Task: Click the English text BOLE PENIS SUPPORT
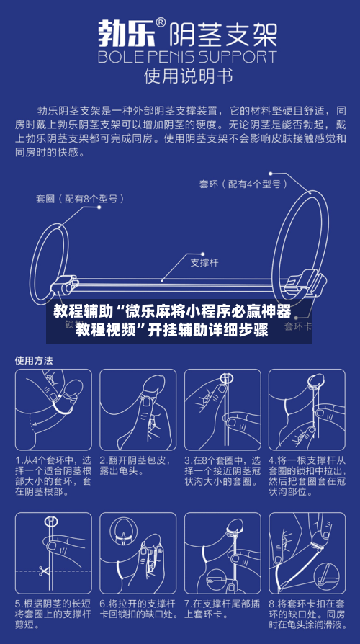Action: click(186, 56)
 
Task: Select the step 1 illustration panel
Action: click(51, 410)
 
